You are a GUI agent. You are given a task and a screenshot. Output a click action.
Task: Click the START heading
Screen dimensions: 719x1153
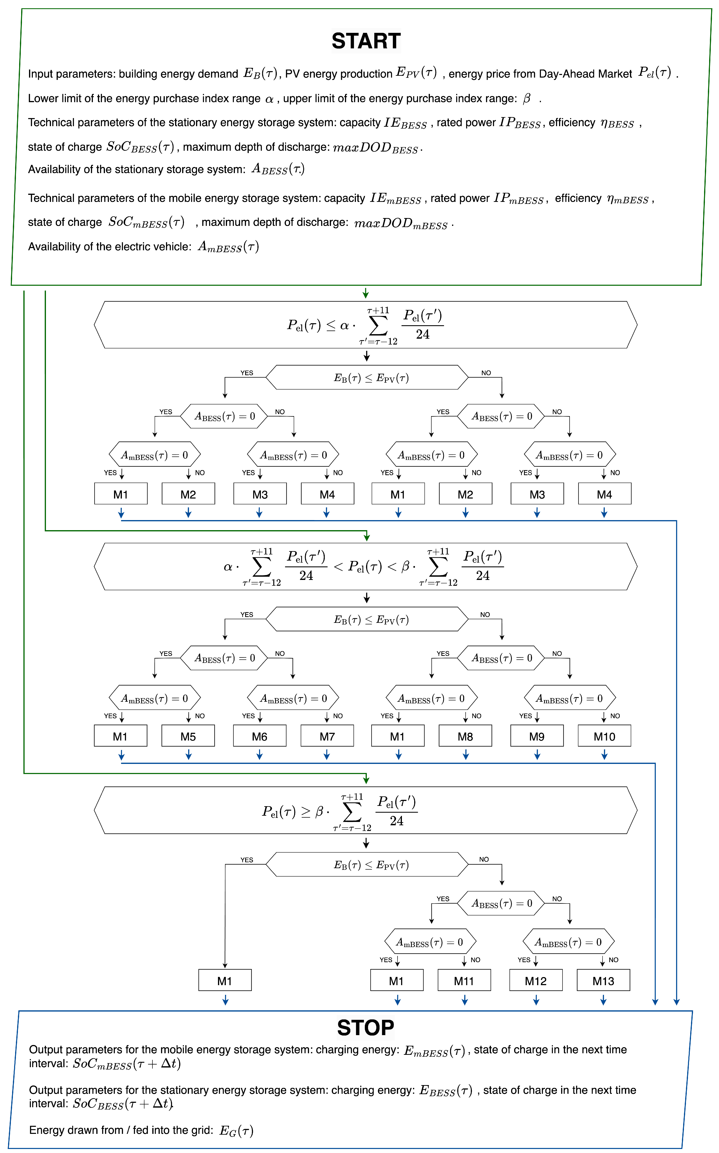click(x=366, y=41)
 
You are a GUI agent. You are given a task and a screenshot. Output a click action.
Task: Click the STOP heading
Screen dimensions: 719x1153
click(x=366, y=1028)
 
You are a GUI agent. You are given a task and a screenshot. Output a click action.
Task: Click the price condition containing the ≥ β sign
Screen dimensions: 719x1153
click(x=366, y=810)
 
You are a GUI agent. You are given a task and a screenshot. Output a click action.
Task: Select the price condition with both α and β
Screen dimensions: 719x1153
click(x=366, y=566)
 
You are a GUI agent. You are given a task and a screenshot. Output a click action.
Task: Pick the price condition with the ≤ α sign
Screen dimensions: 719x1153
click(x=366, y=325)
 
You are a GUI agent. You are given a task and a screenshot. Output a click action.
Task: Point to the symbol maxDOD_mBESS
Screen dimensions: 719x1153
click(x=401, y=223)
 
